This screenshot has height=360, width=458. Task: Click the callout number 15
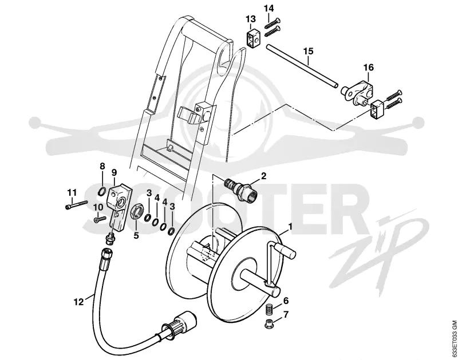tap(308, 51)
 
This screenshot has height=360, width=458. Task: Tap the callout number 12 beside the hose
tap(78, 302)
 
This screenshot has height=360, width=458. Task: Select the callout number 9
tap(114, 172)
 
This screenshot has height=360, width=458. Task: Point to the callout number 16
tap(369, 68)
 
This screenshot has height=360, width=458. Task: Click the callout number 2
tap(263, 176)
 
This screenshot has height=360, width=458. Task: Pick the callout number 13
tap(251, 19)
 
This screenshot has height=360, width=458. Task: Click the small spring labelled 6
tap(270, 309)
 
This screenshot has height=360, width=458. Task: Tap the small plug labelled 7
tap(269, 324)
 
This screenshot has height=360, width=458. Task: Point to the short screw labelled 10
tap(100, 220)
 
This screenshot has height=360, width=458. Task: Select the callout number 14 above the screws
tap(269, 8)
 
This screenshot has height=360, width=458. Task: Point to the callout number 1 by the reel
tap(290, 226)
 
